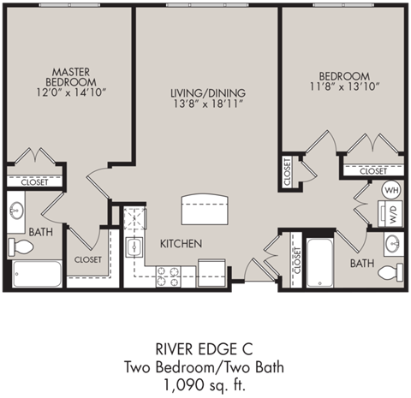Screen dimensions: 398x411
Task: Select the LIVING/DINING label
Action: tap(208, 92)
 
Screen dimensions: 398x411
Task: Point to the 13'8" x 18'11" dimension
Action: tap(208, 105)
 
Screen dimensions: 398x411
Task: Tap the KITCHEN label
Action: tap(182, 244)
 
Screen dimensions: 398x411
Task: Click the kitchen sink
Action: tap(135, 248)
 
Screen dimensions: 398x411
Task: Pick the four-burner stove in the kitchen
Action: tap(168, 276)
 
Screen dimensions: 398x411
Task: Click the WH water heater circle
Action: tap(391, 190)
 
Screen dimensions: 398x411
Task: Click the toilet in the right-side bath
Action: tap(390, 273)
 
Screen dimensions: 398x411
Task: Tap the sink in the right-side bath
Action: tap(393, 245)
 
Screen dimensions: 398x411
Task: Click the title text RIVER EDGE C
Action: tap(205, 349)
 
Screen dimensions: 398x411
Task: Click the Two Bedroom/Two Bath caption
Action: tap(205, 366)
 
